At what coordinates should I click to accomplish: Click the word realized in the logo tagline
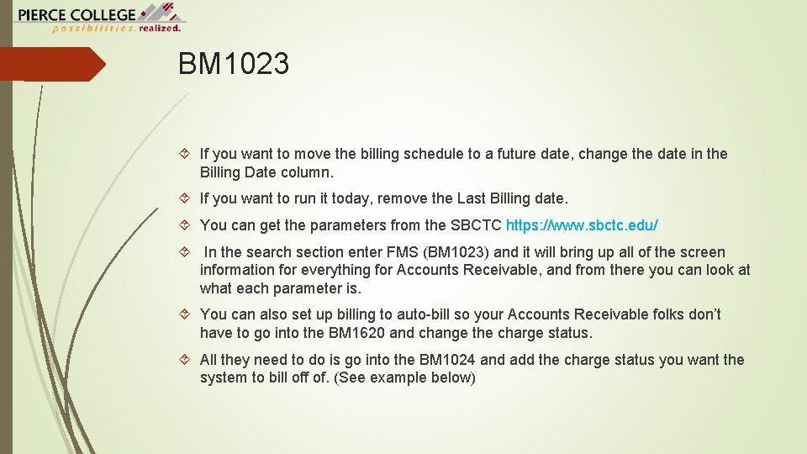[x=161, y=28]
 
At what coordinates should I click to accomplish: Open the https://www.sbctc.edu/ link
[x=582, y=225]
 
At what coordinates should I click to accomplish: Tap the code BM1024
[x=449, y=360]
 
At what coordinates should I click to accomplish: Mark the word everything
[x=312, y=270]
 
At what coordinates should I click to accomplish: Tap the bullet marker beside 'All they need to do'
[x=186, y=360]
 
